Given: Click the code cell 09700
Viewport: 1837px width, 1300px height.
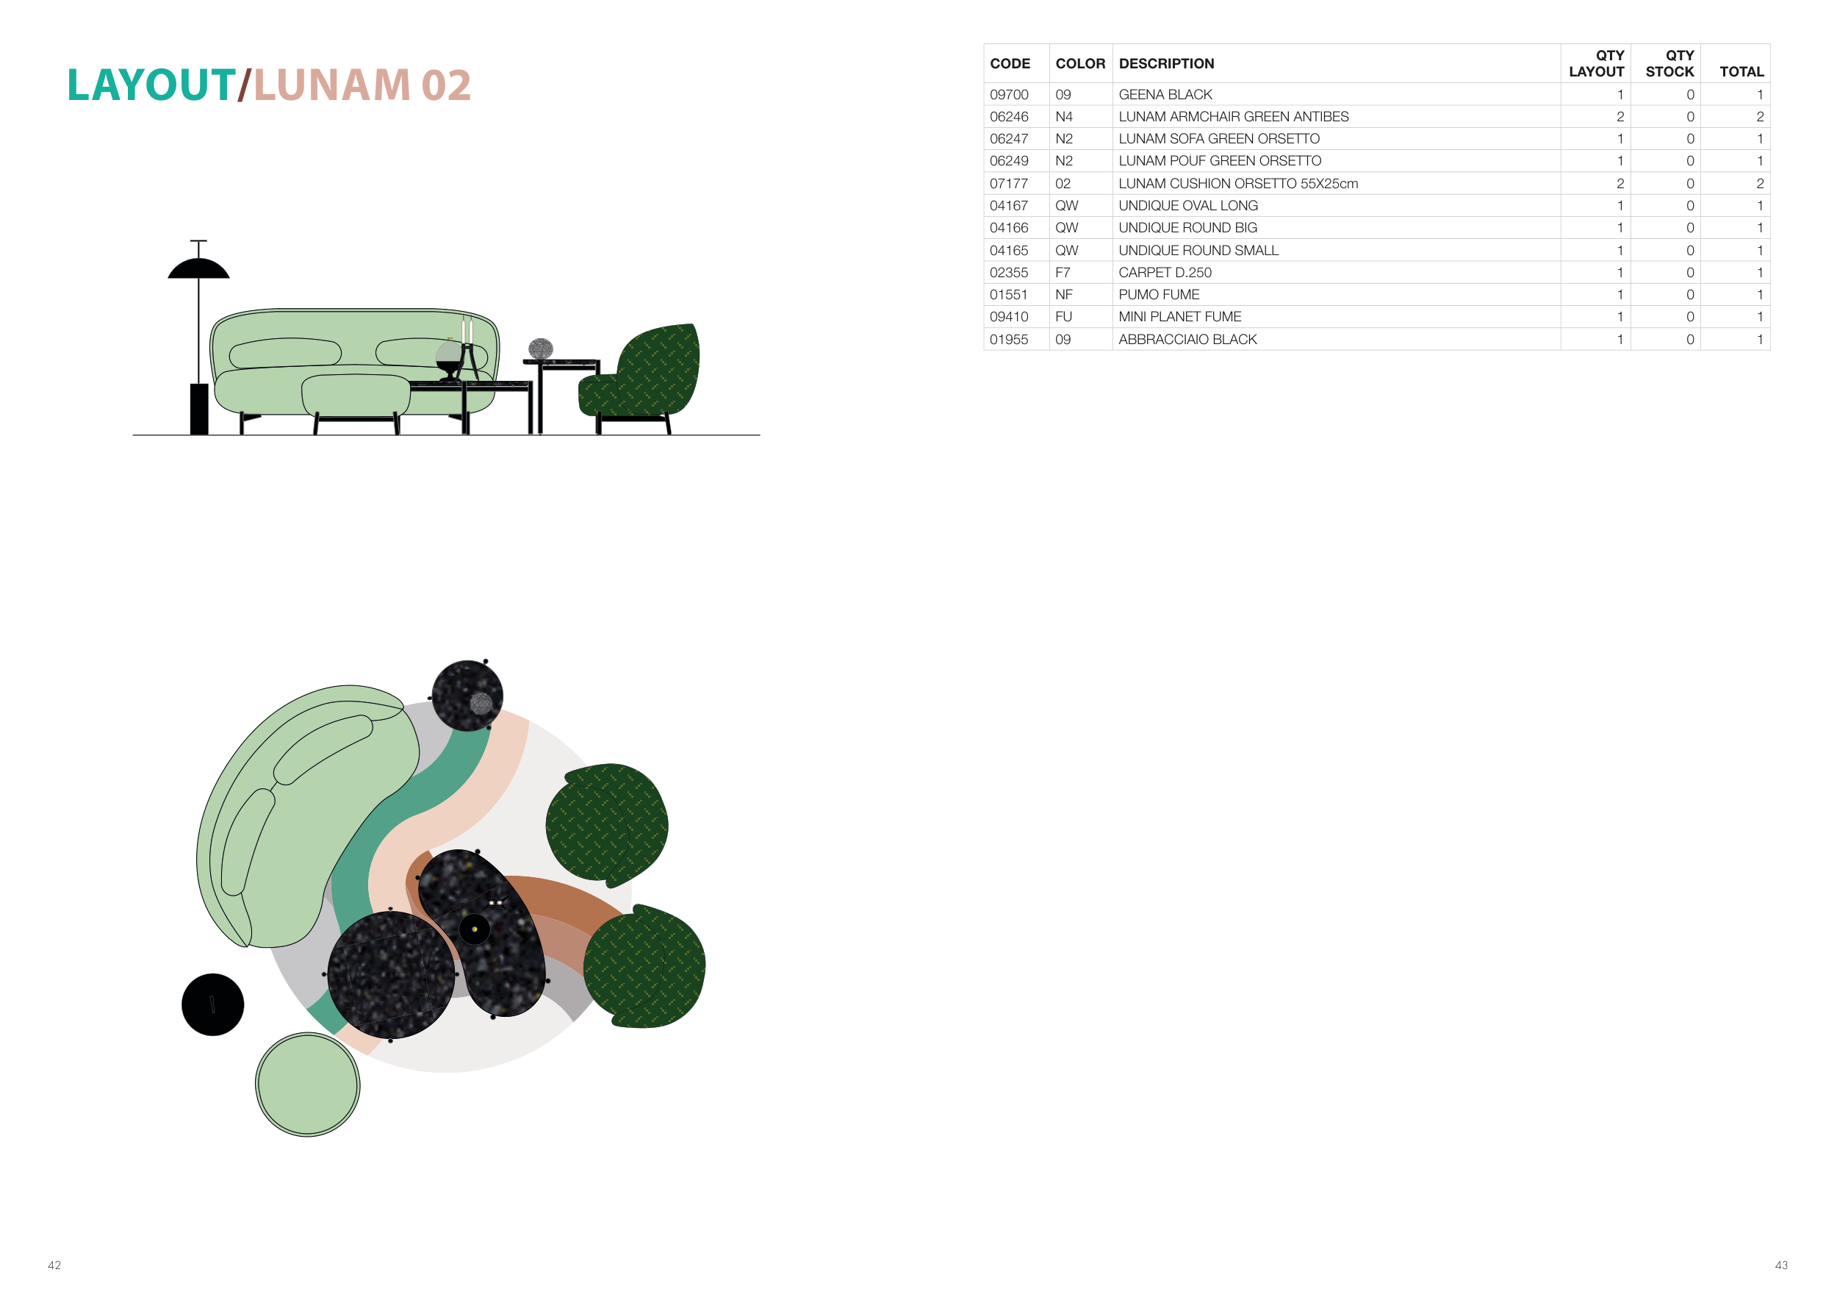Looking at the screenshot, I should [x=1009, y=94].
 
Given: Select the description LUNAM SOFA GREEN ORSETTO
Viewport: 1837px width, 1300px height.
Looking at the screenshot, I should [x=1218, y=138].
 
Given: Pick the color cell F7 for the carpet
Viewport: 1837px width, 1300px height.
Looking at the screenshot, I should [x=1063, y=272].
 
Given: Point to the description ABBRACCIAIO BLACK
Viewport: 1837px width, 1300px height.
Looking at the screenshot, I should [x=1187, y=340].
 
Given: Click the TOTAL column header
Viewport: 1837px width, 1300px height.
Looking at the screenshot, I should [x=1741, y=71].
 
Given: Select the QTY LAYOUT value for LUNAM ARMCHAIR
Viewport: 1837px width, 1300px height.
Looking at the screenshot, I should [x=1619, y=117].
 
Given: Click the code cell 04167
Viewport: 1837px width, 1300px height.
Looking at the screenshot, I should [x=1009, y=206].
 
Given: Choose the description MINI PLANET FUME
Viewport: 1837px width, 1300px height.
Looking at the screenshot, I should [x=1179, y=317].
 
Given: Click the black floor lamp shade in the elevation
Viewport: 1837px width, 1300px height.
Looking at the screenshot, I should [x=198, y=270].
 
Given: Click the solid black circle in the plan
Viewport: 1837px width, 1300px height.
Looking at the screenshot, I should [x=213, y=1004].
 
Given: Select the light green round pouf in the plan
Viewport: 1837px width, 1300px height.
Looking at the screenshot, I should [x=308, y=1085].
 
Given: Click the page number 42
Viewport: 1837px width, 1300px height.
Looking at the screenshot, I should [x=54, y=1265].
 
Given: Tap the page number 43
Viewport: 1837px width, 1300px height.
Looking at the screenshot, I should [x=1781, y=1265].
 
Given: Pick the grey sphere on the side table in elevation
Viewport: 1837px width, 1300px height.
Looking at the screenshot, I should [x=541, y=349].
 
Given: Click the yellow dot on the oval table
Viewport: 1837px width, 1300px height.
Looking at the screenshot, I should [x=475, y=929].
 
